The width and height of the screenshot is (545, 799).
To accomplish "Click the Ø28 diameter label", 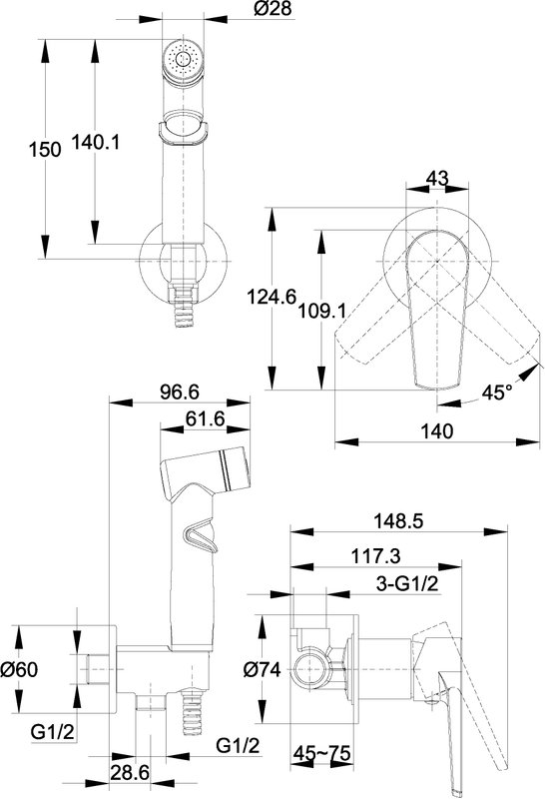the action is (x=273, y=9).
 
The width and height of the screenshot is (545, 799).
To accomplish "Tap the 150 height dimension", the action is (x=44, y=149).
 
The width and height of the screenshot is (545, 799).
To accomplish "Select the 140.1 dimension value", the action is (x=95, y=142).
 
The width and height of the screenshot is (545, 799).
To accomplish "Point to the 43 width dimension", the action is (x=437, y=178).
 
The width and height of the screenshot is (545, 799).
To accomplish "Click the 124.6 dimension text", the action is (x=271, y=296).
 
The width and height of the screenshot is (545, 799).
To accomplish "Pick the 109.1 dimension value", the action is (x=321, y=310).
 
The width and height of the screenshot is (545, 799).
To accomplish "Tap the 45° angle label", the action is (x=497, y=393).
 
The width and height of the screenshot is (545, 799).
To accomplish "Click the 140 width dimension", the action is (x=437, y=431).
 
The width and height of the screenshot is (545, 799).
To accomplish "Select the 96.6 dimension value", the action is (x=180, y=392).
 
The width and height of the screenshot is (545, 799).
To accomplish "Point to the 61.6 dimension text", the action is (x=206, y=418).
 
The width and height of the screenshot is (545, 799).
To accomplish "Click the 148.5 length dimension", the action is (x=398, y=521).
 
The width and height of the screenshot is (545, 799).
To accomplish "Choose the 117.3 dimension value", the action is (x=376, y=556).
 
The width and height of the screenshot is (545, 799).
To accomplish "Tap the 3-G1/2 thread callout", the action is (x=407, y=583).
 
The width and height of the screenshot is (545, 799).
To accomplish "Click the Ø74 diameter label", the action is (x=262, y=669).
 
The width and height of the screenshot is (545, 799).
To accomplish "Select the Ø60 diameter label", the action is (x=19, y=669).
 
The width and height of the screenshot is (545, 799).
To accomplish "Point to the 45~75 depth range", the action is (x=322, y=753).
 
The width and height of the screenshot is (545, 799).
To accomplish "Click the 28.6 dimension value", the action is (x=130, y=772).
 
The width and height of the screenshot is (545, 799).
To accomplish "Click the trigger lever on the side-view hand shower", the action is (x=201, y=535).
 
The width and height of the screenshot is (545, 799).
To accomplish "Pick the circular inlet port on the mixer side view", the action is (x=309, y=669).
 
